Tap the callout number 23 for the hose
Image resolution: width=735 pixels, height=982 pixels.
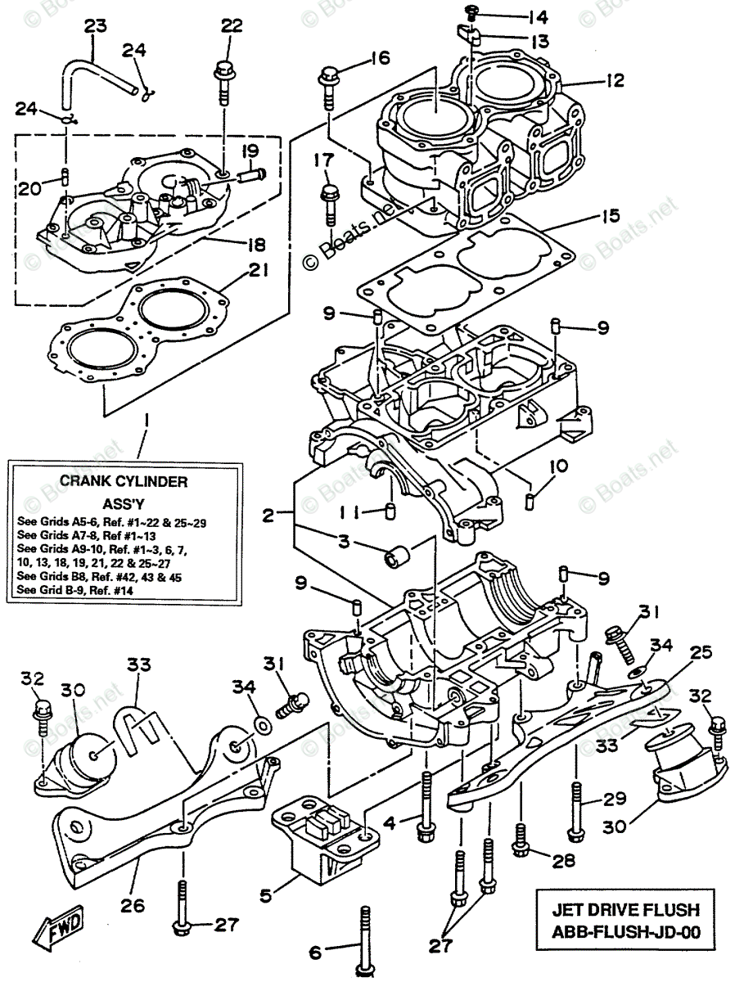click(96, 25)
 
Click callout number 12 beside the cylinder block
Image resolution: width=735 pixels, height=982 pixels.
click(616, 80)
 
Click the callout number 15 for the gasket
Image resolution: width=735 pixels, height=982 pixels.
click(611, 216)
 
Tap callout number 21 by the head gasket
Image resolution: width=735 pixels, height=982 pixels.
click(258, 271)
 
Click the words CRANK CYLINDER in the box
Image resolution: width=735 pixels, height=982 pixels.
click(124, 482)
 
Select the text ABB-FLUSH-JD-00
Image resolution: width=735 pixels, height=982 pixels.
click(626, 932)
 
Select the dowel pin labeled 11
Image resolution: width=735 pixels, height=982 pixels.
click(390, 511)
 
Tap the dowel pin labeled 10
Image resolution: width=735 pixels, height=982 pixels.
click(530, 502)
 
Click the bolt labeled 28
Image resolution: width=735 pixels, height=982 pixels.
click(520, 840)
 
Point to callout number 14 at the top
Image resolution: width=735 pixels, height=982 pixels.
click(536, 17)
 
